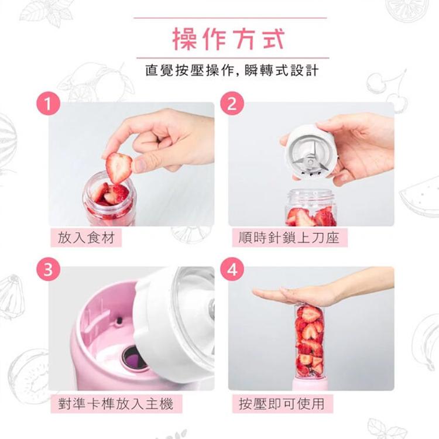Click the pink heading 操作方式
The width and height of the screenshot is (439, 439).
pyautogui.click(x=228, y=39)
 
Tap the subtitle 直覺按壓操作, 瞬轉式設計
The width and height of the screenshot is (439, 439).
pyautogui.click(x=232, y=70)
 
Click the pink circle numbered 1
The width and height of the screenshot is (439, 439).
pyautogui.click(x=49, y=103)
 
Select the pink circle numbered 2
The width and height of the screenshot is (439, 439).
pyautogui.click(x=232, y=103)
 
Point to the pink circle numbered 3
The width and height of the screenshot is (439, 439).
pyautogui.click(x=49, y=270)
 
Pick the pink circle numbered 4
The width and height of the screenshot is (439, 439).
pyautogui.click(x=232, y=270)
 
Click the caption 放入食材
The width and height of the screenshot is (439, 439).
pyautogui.click(x=86, y=238)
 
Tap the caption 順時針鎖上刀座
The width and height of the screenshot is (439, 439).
pyautogui.click(x=289, y=238)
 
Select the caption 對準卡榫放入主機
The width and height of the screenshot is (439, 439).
pyautogui.click(x=116, y=404)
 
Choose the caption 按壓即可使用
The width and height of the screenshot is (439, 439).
pyautogui.click(x=282, y=404)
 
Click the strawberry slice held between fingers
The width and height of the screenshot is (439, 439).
pyautogui.click(x=119, y=168)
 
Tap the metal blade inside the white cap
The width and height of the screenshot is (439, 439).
pyautogui.click(x=310, y=162)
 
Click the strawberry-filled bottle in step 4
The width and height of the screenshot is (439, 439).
pyautogui.click(x=310, y=341)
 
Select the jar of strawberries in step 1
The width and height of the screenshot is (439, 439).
pyautogui.click(x=110, y=200)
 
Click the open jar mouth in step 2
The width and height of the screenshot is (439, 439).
pyautogui.click(x=311, y=194)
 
